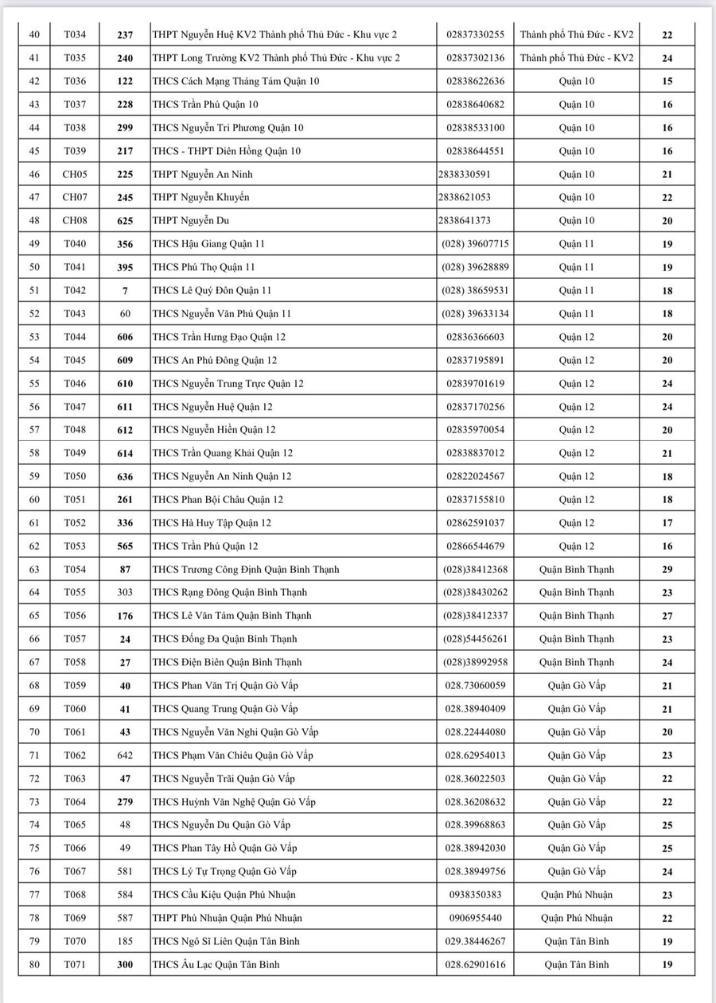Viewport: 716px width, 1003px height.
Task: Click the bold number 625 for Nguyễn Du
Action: point(125,221)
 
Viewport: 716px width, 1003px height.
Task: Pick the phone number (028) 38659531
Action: point(475,291)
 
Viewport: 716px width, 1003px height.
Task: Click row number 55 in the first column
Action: point(34,384)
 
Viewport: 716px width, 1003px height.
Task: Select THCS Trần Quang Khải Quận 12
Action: point(222,453)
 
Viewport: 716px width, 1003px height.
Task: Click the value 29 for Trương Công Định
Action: point(667,570)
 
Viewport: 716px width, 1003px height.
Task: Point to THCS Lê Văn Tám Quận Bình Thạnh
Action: point(232,616)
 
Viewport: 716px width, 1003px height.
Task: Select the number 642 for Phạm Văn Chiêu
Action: point(125,755)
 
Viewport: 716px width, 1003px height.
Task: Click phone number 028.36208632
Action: point(475,802)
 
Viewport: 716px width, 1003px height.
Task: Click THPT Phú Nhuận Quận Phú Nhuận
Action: point(227,918)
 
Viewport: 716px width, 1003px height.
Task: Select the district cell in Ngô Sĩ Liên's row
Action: point(577,942)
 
